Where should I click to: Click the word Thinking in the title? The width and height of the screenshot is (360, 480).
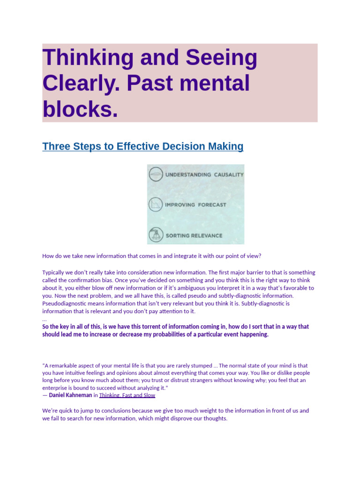click(x=88, y=58)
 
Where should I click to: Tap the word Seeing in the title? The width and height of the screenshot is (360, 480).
click(x=221, y=58)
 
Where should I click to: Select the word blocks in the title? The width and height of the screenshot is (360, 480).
click(x=80, y=109)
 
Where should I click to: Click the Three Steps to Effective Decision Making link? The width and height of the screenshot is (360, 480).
click(x=142, y=146)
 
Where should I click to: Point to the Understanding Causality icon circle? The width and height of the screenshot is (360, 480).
click(x=156, y=174)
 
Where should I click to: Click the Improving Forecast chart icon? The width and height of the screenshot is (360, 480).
click(x=156, y=204)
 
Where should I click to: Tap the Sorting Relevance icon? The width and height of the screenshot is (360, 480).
click(x=156, y=235)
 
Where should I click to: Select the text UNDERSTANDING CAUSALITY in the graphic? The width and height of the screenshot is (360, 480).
click(x=204, y=174)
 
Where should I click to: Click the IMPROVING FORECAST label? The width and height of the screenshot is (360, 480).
click(x=195, y=205)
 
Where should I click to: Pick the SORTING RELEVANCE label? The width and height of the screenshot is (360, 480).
click(x=194, y=236)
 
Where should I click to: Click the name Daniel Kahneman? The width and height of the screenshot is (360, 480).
click(x=70, y=395)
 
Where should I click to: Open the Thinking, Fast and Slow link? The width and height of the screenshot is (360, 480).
click(x=127, y=395)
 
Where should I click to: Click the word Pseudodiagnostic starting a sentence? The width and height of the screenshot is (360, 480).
click(x=63, y=304)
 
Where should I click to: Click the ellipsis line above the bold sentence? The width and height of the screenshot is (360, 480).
click(x=45, y=320)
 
